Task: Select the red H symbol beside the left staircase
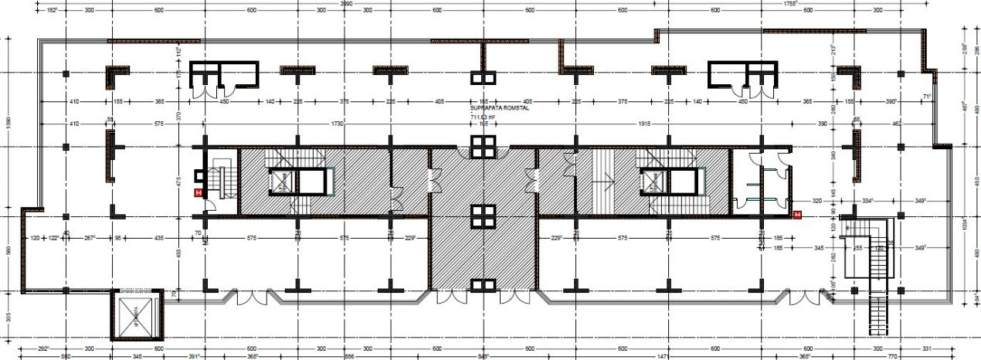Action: tap(199, 193)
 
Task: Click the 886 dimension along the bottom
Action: tap(335, 356)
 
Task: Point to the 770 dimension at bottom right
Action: tap(891, 356)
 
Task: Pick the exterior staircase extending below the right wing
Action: tap(878, 309)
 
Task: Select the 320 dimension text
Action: tap(816, 200)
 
